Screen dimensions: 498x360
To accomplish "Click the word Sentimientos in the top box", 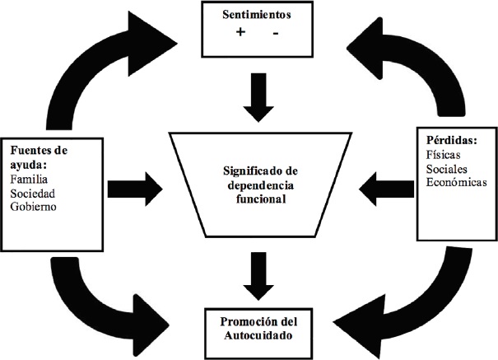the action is pos(257,15).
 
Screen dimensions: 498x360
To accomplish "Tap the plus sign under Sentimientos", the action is pos(240,32).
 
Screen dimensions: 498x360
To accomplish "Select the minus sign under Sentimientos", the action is pos(276,33).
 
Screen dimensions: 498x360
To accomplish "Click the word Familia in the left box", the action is pos(29,180).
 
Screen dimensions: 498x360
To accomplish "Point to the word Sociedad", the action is pos(33,194).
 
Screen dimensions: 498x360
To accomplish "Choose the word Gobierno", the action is pos(34,207).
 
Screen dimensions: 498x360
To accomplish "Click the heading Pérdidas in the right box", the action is pos(452,140).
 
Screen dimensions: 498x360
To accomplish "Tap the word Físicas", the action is pos(443,155).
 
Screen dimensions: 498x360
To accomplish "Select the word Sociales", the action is pos(446,169).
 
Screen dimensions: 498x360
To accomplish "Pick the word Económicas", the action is pos(456,182).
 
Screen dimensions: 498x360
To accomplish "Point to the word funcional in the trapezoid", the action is pos(261,199).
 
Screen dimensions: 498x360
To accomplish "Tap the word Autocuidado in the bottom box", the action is pos(258,335).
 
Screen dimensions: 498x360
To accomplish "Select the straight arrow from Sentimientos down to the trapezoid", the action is pos(258,97).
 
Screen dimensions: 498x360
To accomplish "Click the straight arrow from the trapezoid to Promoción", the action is pos(258,276).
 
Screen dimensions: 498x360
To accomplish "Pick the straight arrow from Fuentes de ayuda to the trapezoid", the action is pos(135,189).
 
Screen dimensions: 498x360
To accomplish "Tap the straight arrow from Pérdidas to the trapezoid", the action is pos(387,189).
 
